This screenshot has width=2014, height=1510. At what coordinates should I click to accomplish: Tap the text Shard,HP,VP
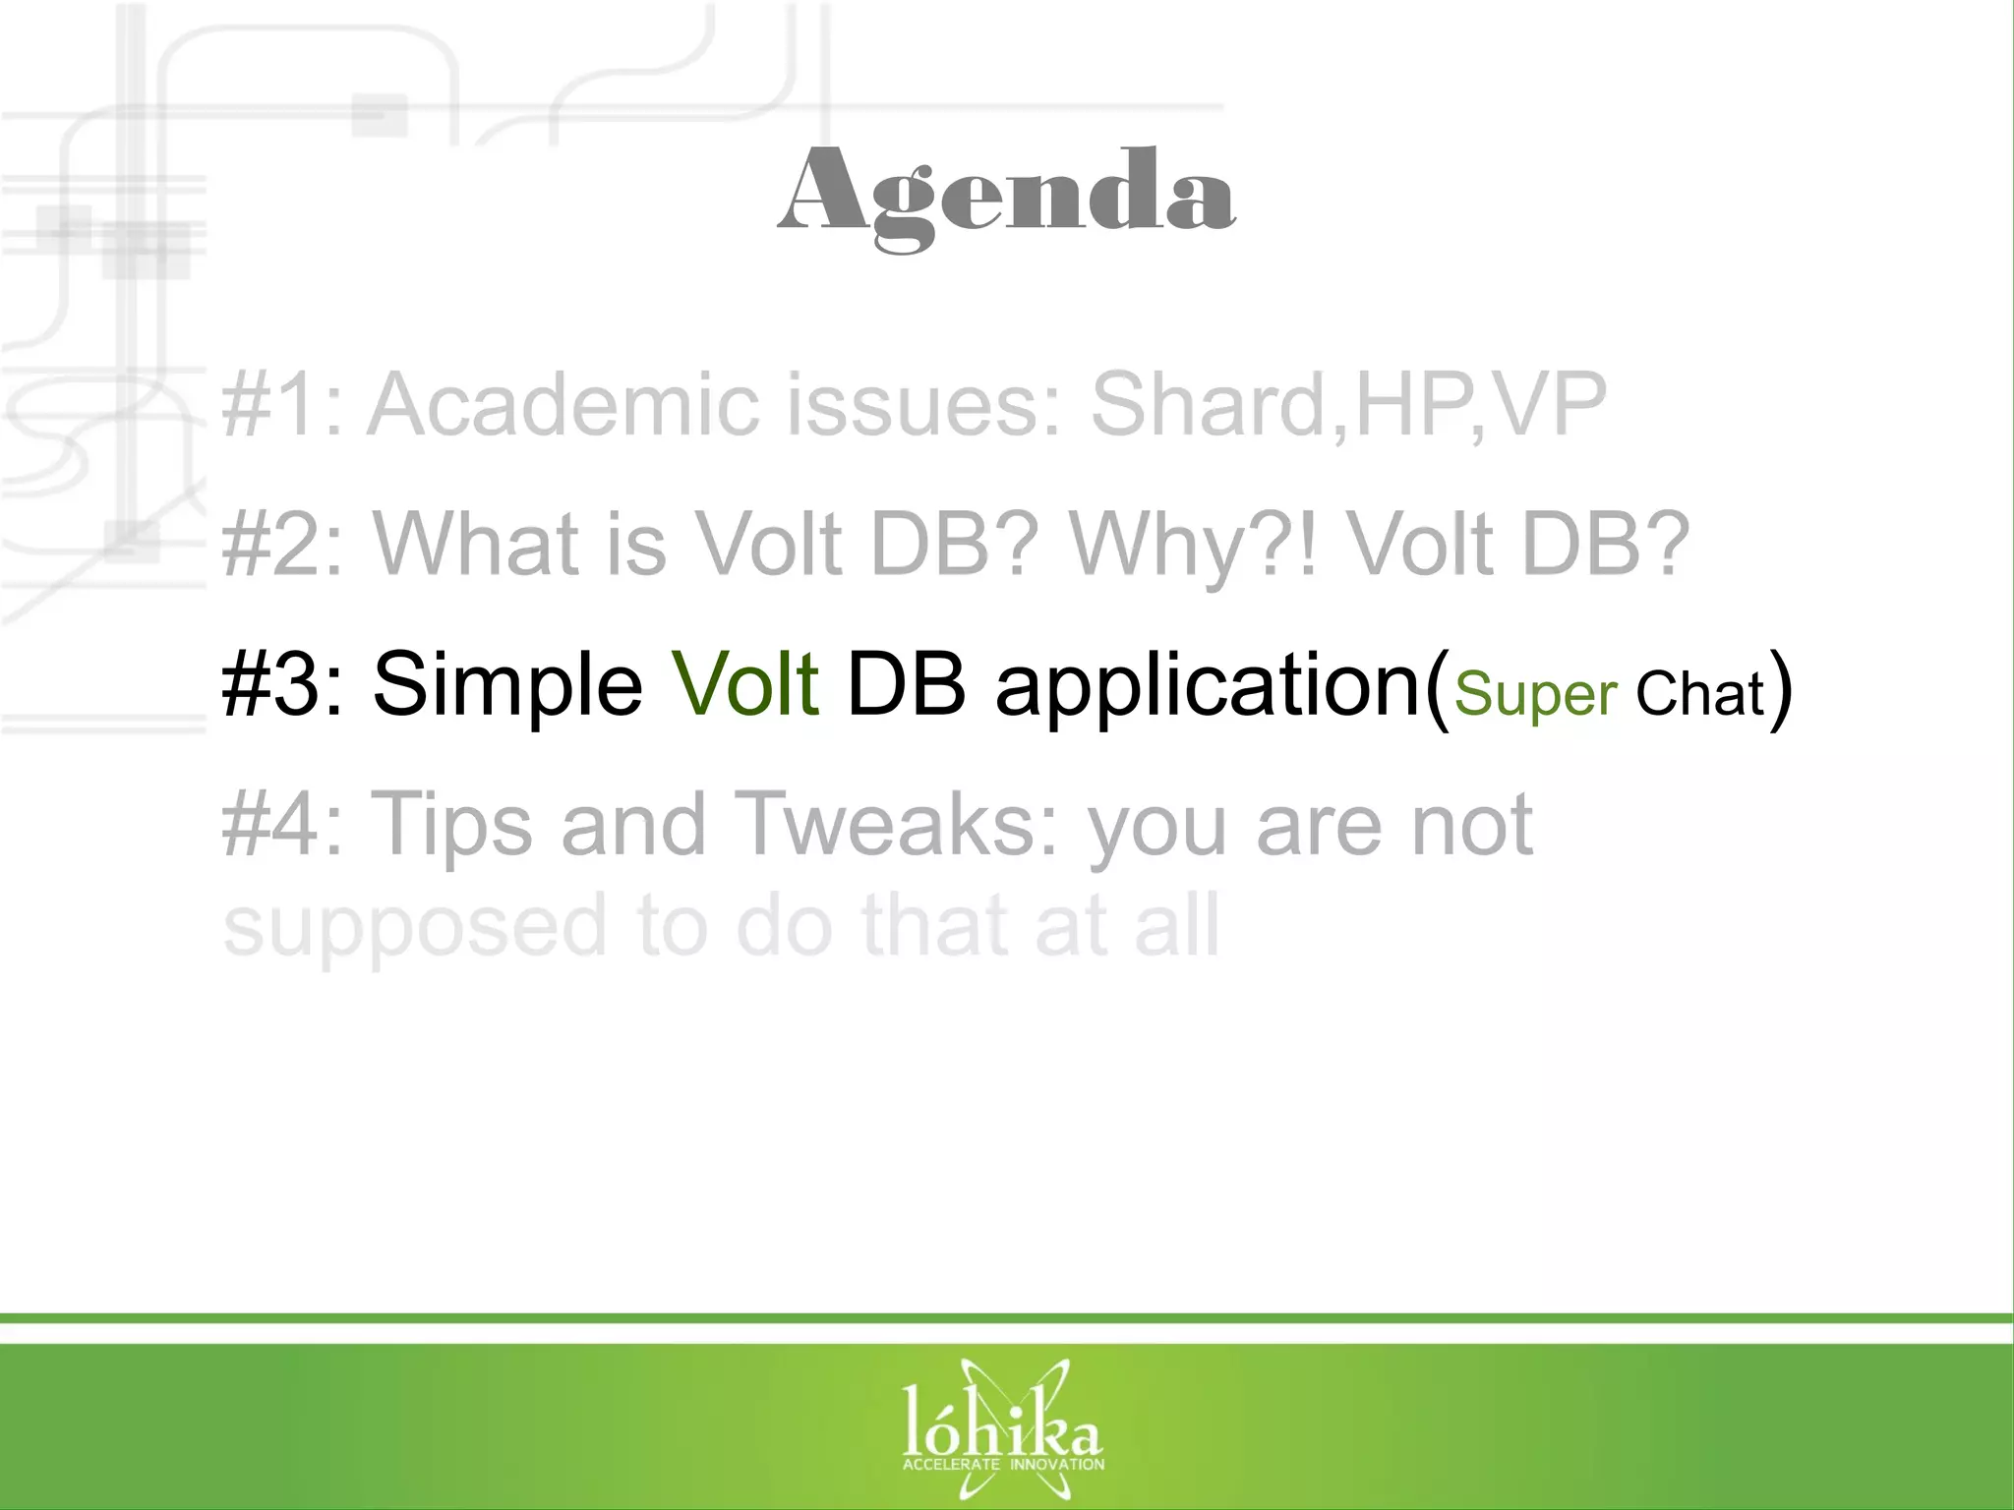(1348, 404)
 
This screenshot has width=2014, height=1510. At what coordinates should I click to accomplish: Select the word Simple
(507, 686)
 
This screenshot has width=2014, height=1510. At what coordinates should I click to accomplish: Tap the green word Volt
(744, 684)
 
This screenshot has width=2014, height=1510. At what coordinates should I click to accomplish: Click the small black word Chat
(1700, 694)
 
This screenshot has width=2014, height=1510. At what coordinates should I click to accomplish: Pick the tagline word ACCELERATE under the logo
(951, 1465)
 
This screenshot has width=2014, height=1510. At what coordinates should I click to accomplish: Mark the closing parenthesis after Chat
(1780, 688)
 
